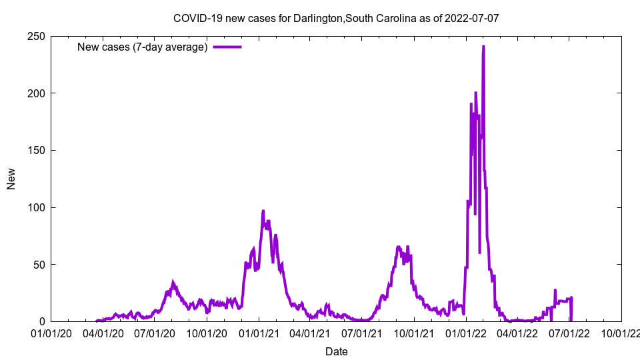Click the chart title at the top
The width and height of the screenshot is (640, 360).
(336, 18)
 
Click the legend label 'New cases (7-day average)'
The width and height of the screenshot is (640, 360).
(143, 47)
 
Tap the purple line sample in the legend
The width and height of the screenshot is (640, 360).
(227, 47)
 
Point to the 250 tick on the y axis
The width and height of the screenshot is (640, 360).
(37, 36)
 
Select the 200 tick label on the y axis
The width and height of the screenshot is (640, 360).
(37, 93)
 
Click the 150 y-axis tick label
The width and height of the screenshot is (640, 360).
(37, 150)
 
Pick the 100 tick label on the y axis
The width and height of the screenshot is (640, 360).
(37, 207)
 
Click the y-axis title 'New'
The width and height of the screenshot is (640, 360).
(11, 179)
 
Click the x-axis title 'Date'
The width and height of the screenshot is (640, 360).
(336, 351)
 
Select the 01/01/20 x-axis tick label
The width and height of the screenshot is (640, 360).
(52, 333)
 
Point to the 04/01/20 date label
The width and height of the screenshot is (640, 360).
(103, 333)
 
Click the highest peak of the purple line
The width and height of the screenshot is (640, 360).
(483, 47)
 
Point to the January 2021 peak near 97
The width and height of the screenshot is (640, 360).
(263, 211)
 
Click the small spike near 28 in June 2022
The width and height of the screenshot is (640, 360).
(555, 290)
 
